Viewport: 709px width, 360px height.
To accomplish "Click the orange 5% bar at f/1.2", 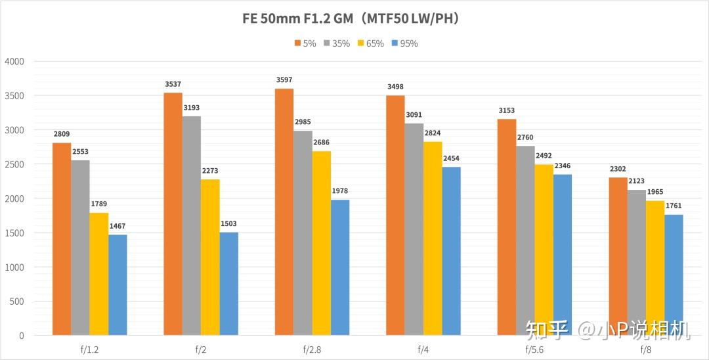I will point(62,239).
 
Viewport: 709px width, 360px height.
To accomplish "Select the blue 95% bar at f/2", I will point(229,284).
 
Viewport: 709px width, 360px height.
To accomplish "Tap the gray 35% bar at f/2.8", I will point(303,233).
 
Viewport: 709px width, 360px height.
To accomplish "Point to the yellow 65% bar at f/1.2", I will point(99,274).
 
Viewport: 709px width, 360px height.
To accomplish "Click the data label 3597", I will point(285,81).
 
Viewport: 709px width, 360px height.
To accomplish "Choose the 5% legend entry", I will point(305,43).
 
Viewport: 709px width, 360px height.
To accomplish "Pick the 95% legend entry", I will point(404,43).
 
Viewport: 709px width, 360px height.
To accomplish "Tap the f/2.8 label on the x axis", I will point(312,349).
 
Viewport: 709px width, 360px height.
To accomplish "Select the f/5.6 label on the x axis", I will point(534,349).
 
